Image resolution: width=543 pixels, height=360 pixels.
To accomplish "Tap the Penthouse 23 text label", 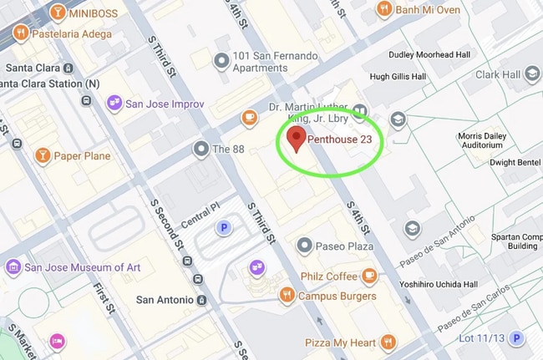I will (339, 139).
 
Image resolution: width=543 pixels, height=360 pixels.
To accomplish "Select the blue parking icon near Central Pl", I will (222, 226).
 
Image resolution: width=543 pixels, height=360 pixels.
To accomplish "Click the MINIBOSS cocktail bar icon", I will (58, 12).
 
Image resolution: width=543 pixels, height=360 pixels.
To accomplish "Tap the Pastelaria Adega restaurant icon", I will (18, 33).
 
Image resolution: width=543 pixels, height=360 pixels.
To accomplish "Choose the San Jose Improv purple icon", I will (114, 104).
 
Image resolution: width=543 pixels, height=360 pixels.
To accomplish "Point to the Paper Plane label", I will (82, 156).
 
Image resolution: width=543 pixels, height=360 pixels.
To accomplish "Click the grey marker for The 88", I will (200, 150).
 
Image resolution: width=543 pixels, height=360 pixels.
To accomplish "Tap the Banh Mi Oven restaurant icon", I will (384, 9).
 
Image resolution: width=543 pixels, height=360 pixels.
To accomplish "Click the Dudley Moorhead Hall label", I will (427, 56).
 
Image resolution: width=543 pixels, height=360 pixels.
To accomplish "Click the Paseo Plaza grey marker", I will (305, 246).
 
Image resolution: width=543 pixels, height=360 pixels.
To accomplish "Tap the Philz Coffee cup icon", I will (369, 276).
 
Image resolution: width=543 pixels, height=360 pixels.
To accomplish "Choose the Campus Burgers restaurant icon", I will (287, 295).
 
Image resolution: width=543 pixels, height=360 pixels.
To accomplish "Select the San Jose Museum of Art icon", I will (13, 267).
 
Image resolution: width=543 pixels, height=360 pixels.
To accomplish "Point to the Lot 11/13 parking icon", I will (517, 338).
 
